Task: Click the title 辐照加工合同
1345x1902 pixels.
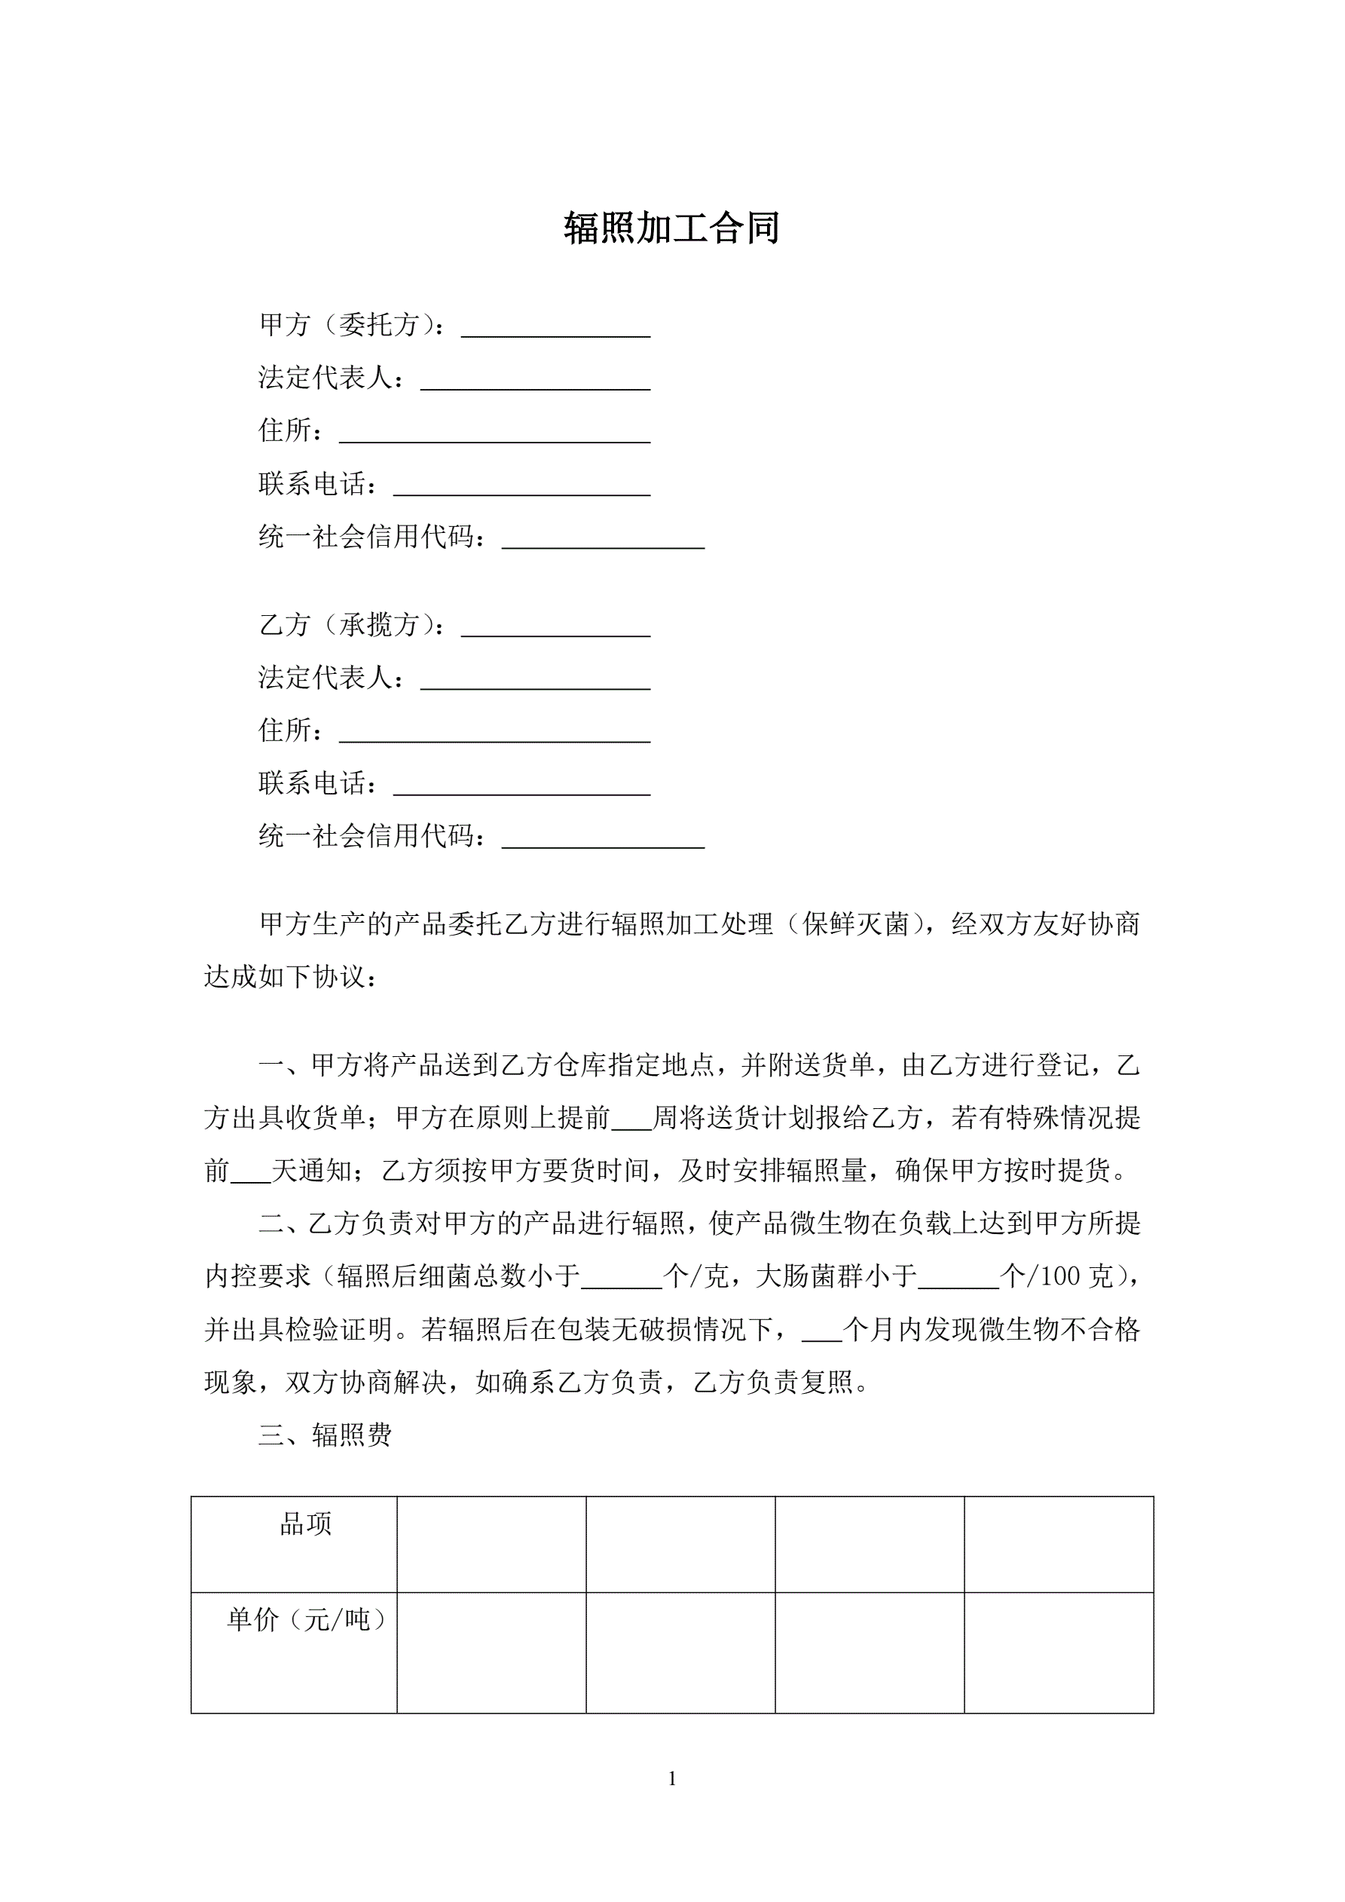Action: (x=671, y=228)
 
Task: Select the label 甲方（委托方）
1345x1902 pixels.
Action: (x=351, y=324)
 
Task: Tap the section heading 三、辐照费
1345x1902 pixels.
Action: (x=325, y=1434)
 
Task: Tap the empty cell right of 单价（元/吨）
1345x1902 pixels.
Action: (x=491, y=1652)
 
